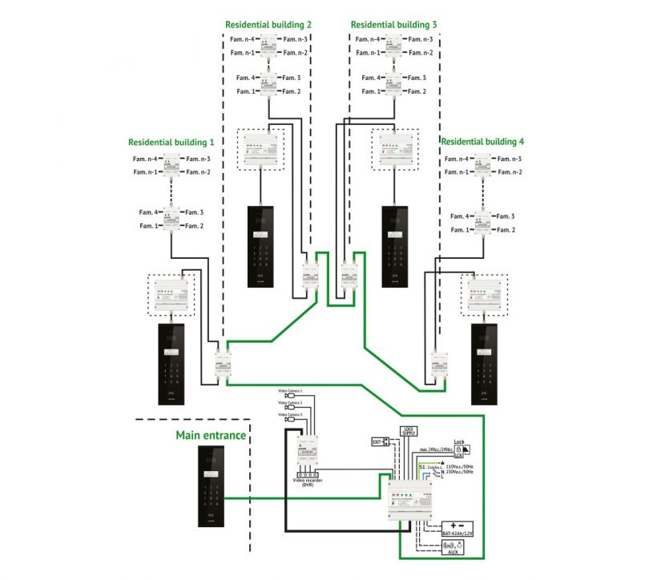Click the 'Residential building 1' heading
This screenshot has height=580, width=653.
point(171,142)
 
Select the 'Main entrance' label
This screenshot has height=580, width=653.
point(211,435)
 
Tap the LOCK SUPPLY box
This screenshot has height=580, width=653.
point(409,432)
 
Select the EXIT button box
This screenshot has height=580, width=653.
point(380,441)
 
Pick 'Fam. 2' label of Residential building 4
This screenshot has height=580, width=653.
point(504,230)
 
